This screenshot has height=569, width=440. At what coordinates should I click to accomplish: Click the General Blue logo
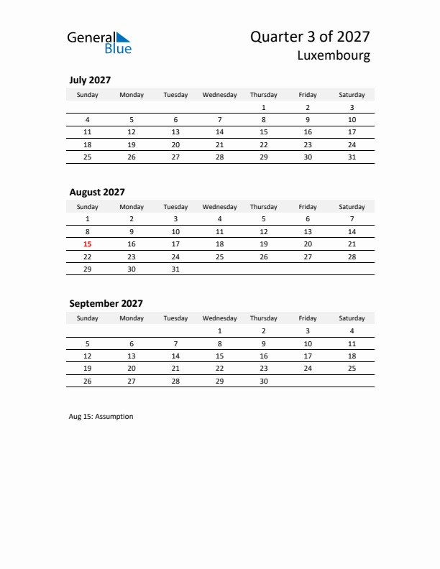[x=99, y=42]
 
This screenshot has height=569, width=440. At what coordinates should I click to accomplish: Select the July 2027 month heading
[x=90, y=80]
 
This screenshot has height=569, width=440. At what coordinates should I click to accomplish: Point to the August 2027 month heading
[x=97, y=192]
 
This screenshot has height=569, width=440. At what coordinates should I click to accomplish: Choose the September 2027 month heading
[x=106, y=303]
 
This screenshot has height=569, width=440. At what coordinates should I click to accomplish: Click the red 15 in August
[x=88, y=244]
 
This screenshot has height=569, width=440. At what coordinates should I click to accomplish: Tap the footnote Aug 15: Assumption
[x=101, y=416]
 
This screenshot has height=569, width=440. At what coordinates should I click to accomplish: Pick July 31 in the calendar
[x=352, y=157]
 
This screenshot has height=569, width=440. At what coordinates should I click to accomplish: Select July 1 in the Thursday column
[x=264, y=107]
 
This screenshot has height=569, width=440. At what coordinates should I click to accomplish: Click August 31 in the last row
[x=175, y=269]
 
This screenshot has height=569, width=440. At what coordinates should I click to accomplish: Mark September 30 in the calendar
[x=264, y=381]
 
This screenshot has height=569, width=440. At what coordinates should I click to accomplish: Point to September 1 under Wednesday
[x=220, y=330]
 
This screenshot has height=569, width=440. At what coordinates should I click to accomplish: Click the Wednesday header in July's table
[x=220, y=95]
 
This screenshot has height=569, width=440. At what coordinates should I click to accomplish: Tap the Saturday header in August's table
[x=352, y=207]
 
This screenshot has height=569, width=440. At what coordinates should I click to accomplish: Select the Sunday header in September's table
[x=88, y=318]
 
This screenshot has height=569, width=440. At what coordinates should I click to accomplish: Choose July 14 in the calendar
[x=220, y=132]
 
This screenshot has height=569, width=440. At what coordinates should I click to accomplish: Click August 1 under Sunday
[x=88, y=218]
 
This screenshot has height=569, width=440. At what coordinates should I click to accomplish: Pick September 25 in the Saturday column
[x=352, y=368]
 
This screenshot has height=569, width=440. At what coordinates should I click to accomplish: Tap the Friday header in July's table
[x=308, y=95]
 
